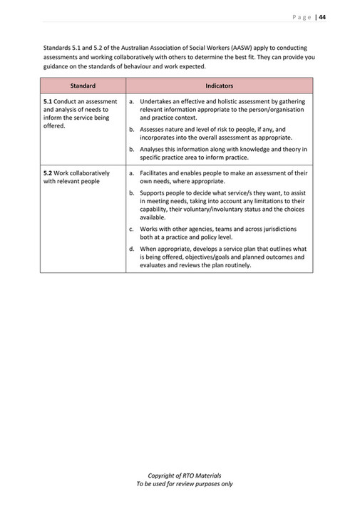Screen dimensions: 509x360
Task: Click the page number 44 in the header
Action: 322,17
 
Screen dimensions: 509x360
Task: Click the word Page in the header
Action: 303,17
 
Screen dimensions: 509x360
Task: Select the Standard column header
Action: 83,86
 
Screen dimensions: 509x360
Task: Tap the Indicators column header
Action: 219,86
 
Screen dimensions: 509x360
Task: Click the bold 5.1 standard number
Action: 48,102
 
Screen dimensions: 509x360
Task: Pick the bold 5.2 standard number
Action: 48,173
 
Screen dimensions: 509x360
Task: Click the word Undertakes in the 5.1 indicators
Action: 157,102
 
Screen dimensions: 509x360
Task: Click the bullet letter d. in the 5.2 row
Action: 132,249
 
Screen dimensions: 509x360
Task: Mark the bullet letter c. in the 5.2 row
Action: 132,229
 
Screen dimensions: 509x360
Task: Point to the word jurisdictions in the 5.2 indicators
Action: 279,229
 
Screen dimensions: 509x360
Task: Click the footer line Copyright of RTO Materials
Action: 184,475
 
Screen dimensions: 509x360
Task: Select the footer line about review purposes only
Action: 184,483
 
